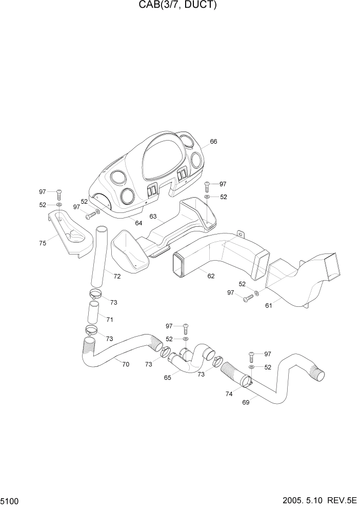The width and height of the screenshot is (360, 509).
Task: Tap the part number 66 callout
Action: [x=213, y=142]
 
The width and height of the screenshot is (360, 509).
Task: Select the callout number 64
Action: [x=138, y=223]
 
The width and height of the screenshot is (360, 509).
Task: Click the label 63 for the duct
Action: [x=153, y=217]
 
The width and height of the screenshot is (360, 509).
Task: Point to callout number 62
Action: [x=211, y=276]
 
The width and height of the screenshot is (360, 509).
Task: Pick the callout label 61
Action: [x=269, y=306]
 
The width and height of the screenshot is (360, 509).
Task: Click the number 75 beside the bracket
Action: [x=43, y=243]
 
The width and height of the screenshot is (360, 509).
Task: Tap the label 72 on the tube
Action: [x=117, y=277]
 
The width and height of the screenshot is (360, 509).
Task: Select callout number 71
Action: [x=110, y=320]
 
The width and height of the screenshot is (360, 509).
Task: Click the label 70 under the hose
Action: [x=125, y=364]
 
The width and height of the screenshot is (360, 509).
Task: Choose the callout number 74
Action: [x=229, y=394]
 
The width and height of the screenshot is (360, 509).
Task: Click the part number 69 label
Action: [x=246, y=402]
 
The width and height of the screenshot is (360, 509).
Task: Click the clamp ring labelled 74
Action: [x=245, y=381]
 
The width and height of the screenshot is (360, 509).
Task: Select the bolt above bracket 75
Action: [x=59, y=193]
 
